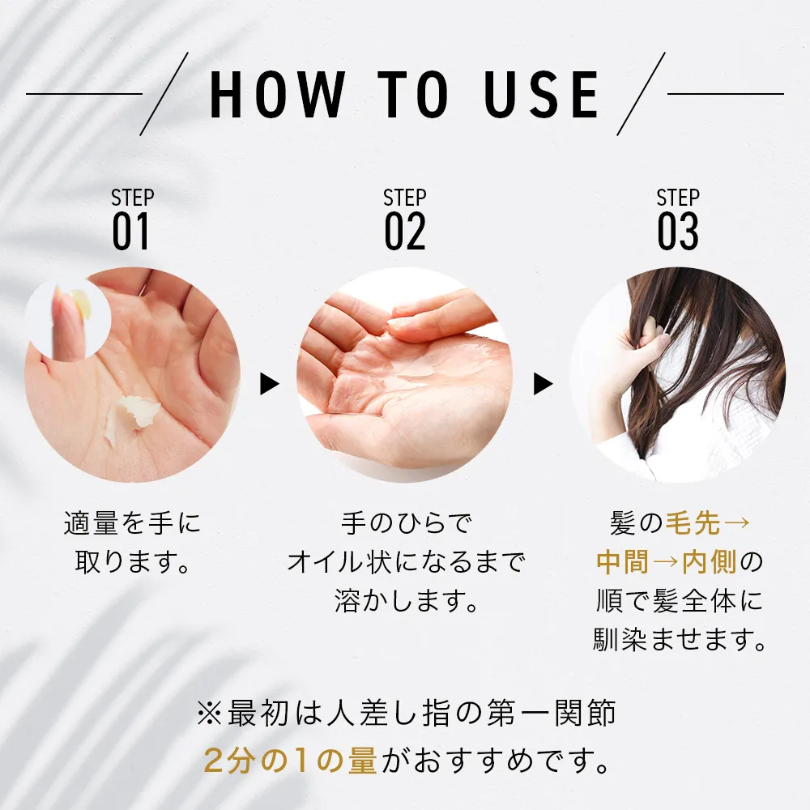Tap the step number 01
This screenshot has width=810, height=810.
click(131, 232)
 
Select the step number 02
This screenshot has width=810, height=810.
click(405, 232)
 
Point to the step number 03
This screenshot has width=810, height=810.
click(678, 232)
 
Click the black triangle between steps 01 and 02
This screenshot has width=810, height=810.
click(269, 384)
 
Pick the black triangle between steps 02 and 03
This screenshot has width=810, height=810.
click(543, 384)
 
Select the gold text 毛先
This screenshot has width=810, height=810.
click(693, 523)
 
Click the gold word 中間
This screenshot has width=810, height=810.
click(622, 562)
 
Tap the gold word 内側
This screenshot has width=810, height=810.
click(710, 562)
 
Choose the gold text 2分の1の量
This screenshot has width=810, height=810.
click(291, 761)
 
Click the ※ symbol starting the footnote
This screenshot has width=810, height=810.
click(210, 714)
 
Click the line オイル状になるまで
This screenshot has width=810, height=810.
click(406, 562)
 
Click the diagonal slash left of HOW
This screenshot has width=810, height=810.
click(164, 94)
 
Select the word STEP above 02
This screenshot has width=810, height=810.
click(405, 198)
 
